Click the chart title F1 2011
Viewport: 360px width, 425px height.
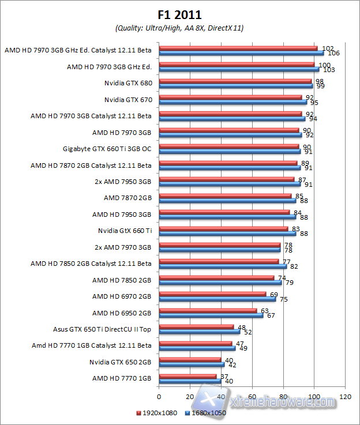(x=179, y=14)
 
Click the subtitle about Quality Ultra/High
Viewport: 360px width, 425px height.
(x=179, y=28)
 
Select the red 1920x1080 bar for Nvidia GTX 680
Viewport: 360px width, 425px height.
(x=235, y=81)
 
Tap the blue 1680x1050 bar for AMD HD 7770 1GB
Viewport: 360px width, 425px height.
(x=190, y=381)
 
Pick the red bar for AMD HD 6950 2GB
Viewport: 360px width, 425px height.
(x=208, y=310)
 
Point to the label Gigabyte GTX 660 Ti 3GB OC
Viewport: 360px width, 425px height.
(x=107, y=149)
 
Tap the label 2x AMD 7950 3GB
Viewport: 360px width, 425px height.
(x=122, y=182)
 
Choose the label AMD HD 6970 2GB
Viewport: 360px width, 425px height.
(x=122, y=296)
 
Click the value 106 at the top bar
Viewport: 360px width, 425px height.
(x=333, y=54)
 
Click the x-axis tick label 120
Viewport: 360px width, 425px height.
(x=346, y=397)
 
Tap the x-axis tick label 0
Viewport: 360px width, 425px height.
(x=159, y=397)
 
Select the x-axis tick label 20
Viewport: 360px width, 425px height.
(x=190, y=397)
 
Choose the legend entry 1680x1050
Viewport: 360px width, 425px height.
(x=206, y=413)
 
